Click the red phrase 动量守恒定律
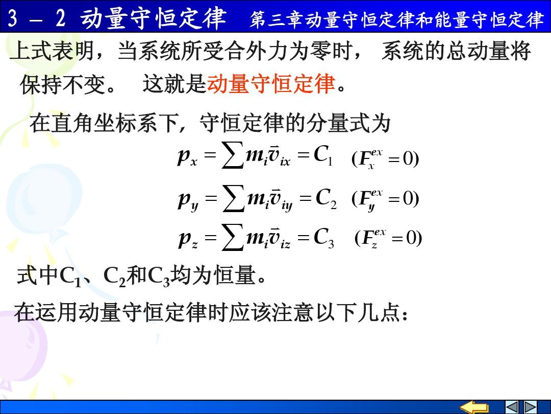point(271,84)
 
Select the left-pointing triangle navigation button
point(511,407)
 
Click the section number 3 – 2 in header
point(37,18)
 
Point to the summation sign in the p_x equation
point(233,154)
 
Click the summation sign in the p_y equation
point(234,198)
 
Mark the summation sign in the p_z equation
point(233,237)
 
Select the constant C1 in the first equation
point(323,155)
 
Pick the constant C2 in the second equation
point(325,198)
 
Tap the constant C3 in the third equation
point(323,238)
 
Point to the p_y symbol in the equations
point(188,200)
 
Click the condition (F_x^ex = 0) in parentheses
point(385,159)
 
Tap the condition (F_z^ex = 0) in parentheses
point(388,238)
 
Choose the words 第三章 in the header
point(277,19)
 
